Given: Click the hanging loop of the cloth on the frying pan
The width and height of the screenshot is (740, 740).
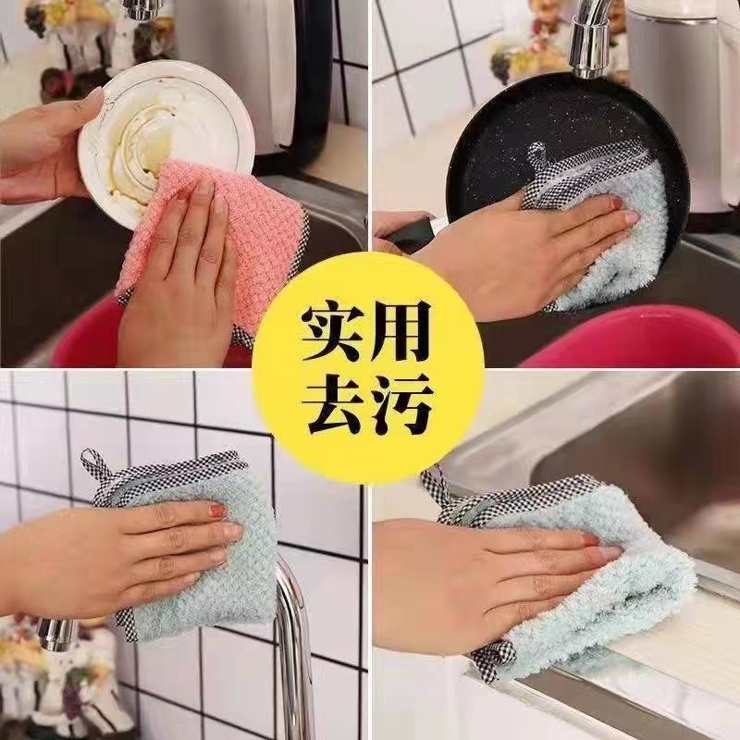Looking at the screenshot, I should (x=536, y=157).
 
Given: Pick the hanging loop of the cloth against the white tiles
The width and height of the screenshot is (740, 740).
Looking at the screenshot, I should (x=92, y=462).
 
